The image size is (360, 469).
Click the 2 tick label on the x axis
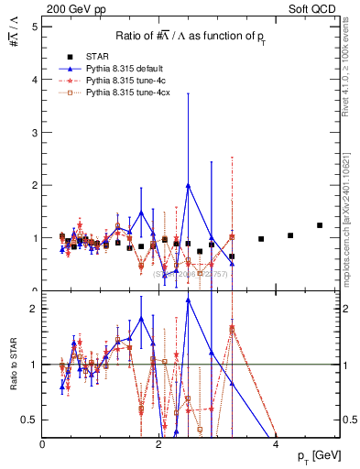[159, 444]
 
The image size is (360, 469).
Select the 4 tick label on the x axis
[276, 444]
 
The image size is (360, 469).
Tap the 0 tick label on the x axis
[43, 444]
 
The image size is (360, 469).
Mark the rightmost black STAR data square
[320, 225]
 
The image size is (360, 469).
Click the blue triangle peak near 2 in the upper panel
[188, 185]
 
